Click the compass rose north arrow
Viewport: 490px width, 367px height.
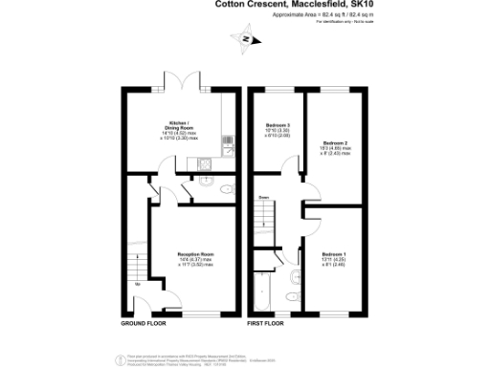pyautogui.click(x=246, y=39)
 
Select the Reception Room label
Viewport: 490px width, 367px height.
pyautogui.click(x=195, y=254)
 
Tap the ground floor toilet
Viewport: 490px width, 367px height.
pyautogui.click(x=225, y=190)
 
